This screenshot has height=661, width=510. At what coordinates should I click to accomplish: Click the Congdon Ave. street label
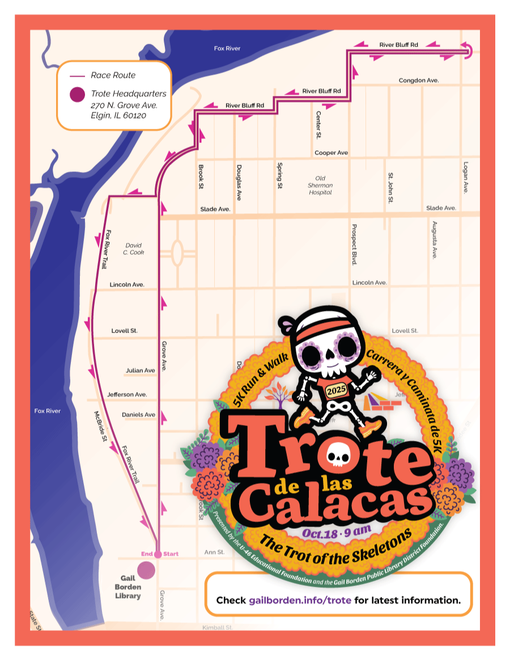419,81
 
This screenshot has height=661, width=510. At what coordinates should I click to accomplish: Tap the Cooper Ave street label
331,153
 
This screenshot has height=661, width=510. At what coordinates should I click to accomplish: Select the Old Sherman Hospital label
320,186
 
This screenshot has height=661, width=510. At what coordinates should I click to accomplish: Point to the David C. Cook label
134,249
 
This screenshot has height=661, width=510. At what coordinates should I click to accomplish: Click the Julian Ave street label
140,371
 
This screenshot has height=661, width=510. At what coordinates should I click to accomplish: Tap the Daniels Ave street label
138,415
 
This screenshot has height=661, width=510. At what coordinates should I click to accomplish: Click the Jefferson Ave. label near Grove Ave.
127,394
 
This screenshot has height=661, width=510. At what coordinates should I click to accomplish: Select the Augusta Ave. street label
435,240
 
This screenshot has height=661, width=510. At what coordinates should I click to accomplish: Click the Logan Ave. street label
465,176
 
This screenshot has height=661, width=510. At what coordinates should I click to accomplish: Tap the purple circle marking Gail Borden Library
147,569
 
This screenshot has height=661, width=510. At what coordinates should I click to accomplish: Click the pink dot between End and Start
158,554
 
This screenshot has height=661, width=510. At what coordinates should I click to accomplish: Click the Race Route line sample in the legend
77,75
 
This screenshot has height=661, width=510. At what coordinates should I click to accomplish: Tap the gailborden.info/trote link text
300,600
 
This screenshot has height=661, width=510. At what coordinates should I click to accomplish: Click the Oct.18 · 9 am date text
337,532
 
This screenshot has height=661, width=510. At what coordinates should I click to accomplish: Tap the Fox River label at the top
227,49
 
